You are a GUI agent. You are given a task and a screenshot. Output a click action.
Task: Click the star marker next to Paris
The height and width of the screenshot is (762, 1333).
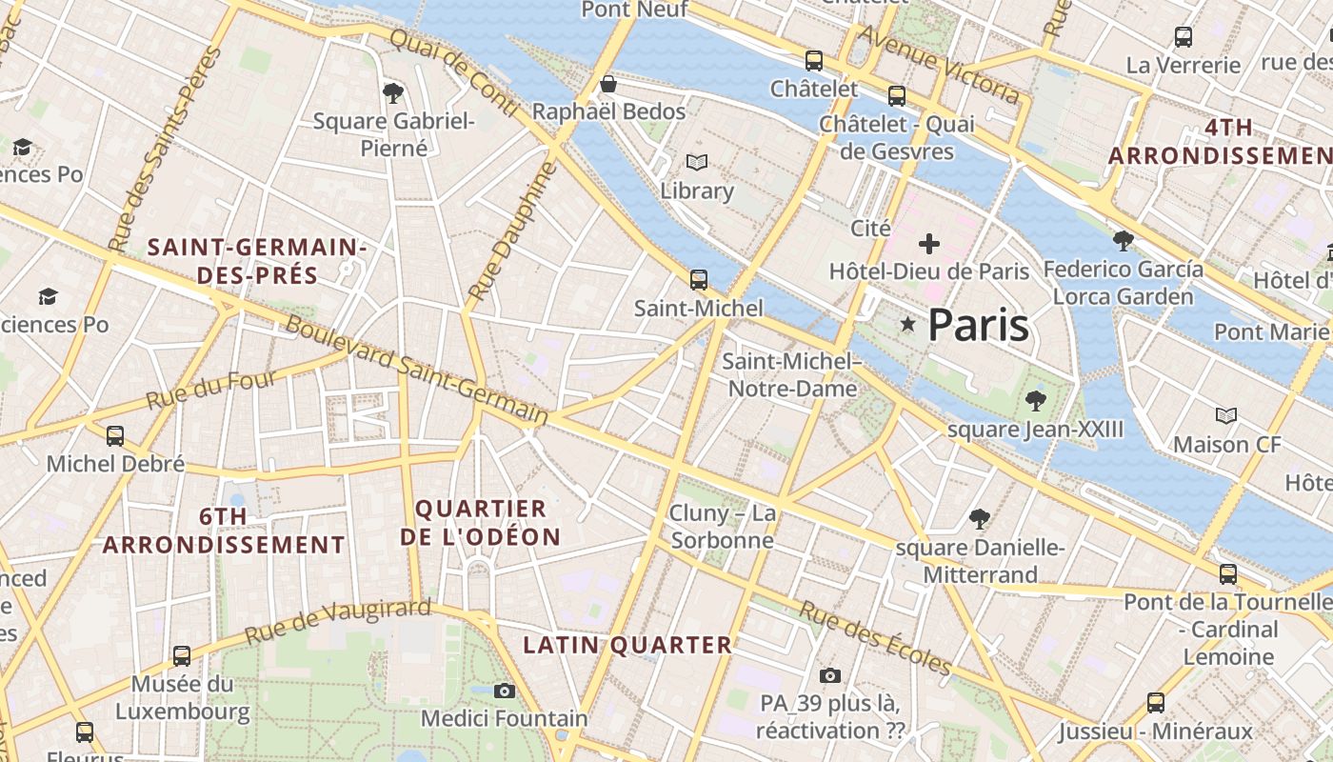(x=908, y=325)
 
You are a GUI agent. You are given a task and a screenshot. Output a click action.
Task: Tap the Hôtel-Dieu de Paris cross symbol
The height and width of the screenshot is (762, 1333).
(x=928, y=244)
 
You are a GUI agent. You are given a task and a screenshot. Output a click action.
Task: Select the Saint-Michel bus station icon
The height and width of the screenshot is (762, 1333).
(x=699, y=280)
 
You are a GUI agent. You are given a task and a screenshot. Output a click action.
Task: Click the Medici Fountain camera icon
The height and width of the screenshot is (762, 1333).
(x=505, y=691)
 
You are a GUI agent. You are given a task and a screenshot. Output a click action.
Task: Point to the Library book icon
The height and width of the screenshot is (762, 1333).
(x=697, y=163)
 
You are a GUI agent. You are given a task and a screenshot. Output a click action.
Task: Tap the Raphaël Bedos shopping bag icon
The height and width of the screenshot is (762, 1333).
(x=608, y=85)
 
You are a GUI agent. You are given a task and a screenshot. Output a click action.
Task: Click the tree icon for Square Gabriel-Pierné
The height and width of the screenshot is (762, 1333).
(x=393, y=92)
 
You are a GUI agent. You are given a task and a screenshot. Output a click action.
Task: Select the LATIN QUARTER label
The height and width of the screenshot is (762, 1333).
(x=627, y=645)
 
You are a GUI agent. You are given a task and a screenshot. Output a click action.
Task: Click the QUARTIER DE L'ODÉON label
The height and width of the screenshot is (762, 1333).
(x=481, y=523)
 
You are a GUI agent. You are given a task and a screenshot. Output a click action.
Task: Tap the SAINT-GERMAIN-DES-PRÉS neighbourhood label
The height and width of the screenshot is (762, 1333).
(x=257, y=262)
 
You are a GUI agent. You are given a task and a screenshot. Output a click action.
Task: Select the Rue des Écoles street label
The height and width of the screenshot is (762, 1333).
(x=875, y=637)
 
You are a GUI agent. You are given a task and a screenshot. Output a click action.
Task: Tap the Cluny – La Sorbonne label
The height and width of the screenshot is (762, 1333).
(x=723, y=527)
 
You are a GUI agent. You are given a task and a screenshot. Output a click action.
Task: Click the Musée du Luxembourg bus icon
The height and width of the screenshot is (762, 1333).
(x=182, y=656)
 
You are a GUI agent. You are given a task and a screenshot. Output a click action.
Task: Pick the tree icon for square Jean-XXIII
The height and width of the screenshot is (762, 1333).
(x=1035, y=401)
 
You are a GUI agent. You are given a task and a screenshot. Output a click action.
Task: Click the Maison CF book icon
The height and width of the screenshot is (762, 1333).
(x=1226, y=416)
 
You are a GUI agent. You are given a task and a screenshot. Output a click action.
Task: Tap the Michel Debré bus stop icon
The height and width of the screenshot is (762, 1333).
(x=115, y=436)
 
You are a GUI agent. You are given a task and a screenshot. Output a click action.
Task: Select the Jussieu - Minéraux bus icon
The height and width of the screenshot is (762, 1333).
(x=1156, y=703)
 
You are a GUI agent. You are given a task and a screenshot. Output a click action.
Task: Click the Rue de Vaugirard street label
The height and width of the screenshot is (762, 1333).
(x=338, y=621)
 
